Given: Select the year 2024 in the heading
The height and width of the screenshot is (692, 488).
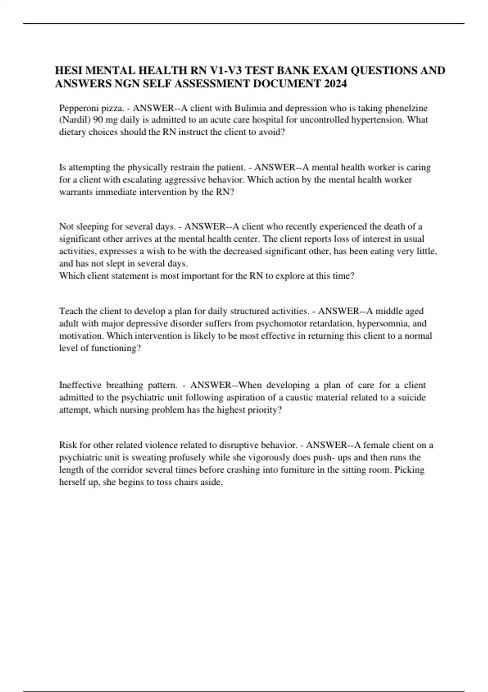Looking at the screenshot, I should (x=336, y=84).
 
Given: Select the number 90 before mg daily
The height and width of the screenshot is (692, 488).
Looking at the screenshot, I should (x=98, y=120).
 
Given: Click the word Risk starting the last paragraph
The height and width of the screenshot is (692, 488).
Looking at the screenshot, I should (x=68, y=445).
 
